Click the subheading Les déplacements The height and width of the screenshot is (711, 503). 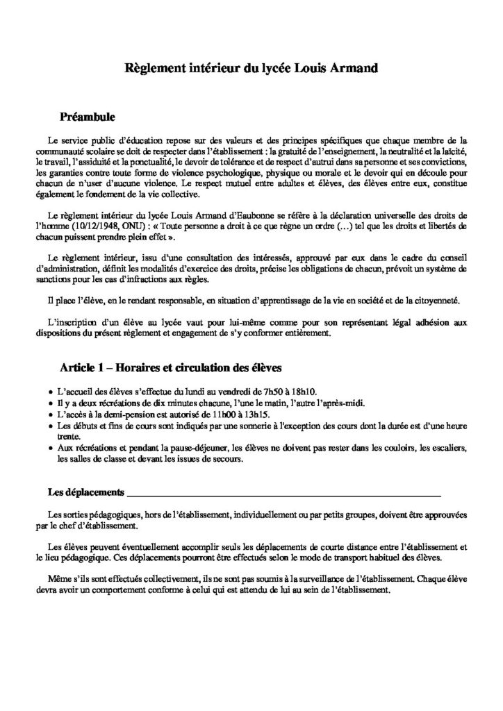[85, 493]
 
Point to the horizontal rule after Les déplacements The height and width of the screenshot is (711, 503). [285, 496]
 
